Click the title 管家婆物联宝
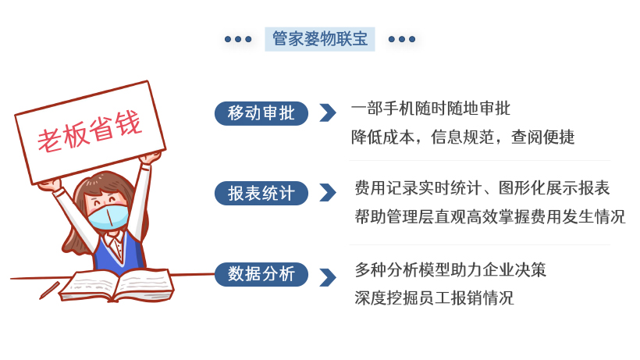point(319,39)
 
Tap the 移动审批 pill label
point(261,113)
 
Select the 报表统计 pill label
point(261,193)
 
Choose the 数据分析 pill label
point(261,274)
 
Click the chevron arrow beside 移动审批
point(328,113)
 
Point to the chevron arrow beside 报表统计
point(328,193)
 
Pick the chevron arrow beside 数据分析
point(328,277)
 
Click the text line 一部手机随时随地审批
point(431,109)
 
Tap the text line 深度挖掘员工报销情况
point(434,298)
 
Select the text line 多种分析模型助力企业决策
point(450,269)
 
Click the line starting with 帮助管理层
point(490,216)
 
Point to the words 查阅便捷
point(543,137)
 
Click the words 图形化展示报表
point(554,188)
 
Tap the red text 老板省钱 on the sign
point(90,130)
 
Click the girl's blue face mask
point(108,217)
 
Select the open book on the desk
point(117,285)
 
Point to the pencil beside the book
point(49,290)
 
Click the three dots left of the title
point(238,39)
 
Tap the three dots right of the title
point(402,39)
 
